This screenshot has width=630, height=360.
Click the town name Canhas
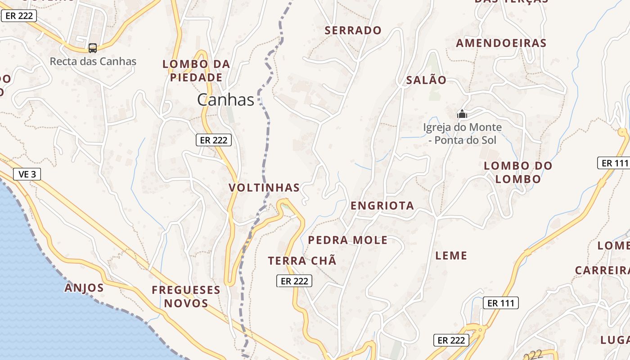point(225,100)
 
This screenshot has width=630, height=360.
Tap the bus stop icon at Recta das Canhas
point(93,48)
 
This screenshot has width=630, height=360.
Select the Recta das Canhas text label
point(93,61)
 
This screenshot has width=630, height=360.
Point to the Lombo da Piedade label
point(196,71)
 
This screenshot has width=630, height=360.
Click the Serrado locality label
point(353,31)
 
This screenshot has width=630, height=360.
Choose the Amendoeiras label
point(501,43)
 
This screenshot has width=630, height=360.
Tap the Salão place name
point(426,81)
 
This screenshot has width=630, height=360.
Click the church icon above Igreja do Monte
point(462,114)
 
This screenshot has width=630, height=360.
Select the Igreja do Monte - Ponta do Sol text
point(462,134)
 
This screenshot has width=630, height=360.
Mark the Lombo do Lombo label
point(518,172)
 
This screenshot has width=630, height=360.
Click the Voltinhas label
point(264,188)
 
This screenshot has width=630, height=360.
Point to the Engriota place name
point(382,206)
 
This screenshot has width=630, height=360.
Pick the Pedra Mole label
point(347,240)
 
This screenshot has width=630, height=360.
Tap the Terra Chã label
point(302,261)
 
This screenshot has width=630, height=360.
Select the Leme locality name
point(451,256)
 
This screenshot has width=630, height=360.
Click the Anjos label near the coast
point(84,288)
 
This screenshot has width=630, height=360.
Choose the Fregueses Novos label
point(186,297)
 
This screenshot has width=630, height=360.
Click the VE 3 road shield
point(27,174)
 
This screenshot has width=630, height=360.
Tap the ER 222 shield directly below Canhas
point(214,140)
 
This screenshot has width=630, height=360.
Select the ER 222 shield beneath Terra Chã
point(294,281)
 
